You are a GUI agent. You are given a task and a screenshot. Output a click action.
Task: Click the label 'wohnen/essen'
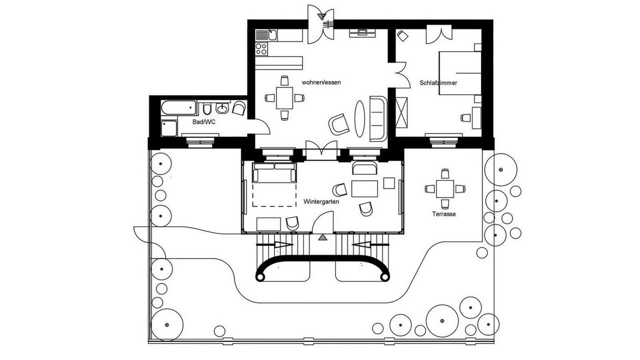(x=321, y=82)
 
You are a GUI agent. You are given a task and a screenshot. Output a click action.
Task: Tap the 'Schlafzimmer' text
(x=438, y=83)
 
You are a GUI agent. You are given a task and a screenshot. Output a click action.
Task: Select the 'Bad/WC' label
(x=203, y=121)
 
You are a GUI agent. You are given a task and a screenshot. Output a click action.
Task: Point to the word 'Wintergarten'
(x=321, y=202)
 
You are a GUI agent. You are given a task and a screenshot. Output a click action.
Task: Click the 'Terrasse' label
(x=444, y=214)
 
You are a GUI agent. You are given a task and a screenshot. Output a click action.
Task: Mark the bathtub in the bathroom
(x=178, y=107)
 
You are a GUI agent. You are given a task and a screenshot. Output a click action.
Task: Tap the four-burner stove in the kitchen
(x=261, y=48)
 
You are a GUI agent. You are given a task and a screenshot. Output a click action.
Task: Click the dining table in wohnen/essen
(x=284, y=97)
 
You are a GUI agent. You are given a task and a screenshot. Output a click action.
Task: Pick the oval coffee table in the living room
(x=360, y=118)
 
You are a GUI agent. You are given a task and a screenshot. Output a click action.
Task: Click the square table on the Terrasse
(x=444, y=188)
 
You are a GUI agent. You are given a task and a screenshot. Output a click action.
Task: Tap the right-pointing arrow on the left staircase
(x=282, y=245)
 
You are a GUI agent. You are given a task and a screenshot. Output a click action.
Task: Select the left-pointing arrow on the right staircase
(x=363, y=245)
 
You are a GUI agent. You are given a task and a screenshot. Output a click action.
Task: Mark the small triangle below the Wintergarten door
(x=322, y=237)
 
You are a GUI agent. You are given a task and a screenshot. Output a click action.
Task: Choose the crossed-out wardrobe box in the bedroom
(x=401, y=111)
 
